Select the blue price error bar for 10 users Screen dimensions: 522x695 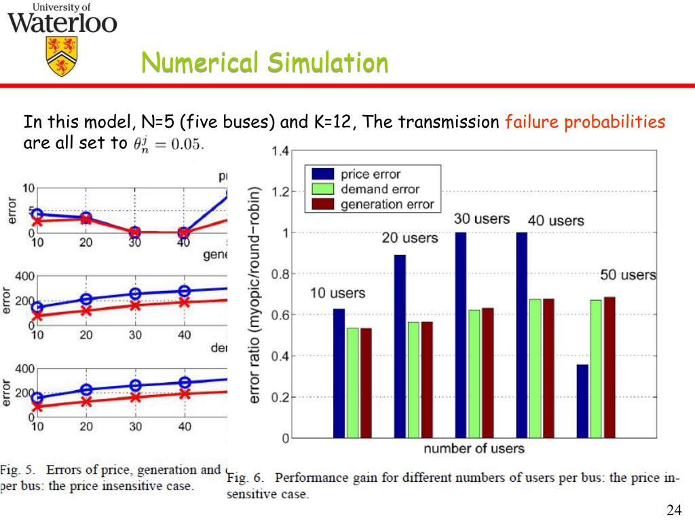point(339,373)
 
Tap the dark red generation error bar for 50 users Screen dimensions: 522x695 point(609,367)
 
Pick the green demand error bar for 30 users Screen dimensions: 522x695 point(474,373)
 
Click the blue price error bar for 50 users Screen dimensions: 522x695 point(582,401)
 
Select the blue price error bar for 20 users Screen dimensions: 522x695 point(400,346)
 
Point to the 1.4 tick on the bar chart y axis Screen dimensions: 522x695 point(280,151)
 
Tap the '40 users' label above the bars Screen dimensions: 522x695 point(556,221)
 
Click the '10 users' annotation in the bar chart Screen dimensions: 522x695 point(338,294)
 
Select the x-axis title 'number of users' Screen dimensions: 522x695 point(474,449)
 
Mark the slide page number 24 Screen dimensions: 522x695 point(674,510)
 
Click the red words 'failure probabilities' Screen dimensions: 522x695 point(585,122)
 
